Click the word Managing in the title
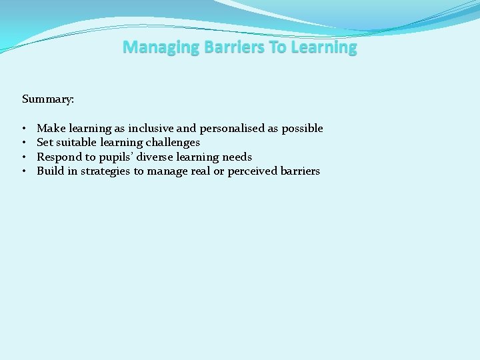pyautogui.click(x=153, y=47)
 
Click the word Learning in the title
pyautogui.click(x=323, y=47)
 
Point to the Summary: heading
pyautogui.click(x=48, y=99)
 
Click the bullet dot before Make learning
pyautogui.click(x=23, y=128)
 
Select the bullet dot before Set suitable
pyautogui.click(x=23, y=143)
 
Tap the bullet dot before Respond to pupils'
pyautogui.click(x=23, y=157)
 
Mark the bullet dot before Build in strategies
pyautogui.click(x=23, y=171)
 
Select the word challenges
pyautogui.click(x=173, y=143)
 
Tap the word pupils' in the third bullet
pyautogui.click(x=119, y=157)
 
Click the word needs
pyautogui.click(x=237, y=157)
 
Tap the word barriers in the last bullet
pyautogui.click(x=301, y=171)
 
